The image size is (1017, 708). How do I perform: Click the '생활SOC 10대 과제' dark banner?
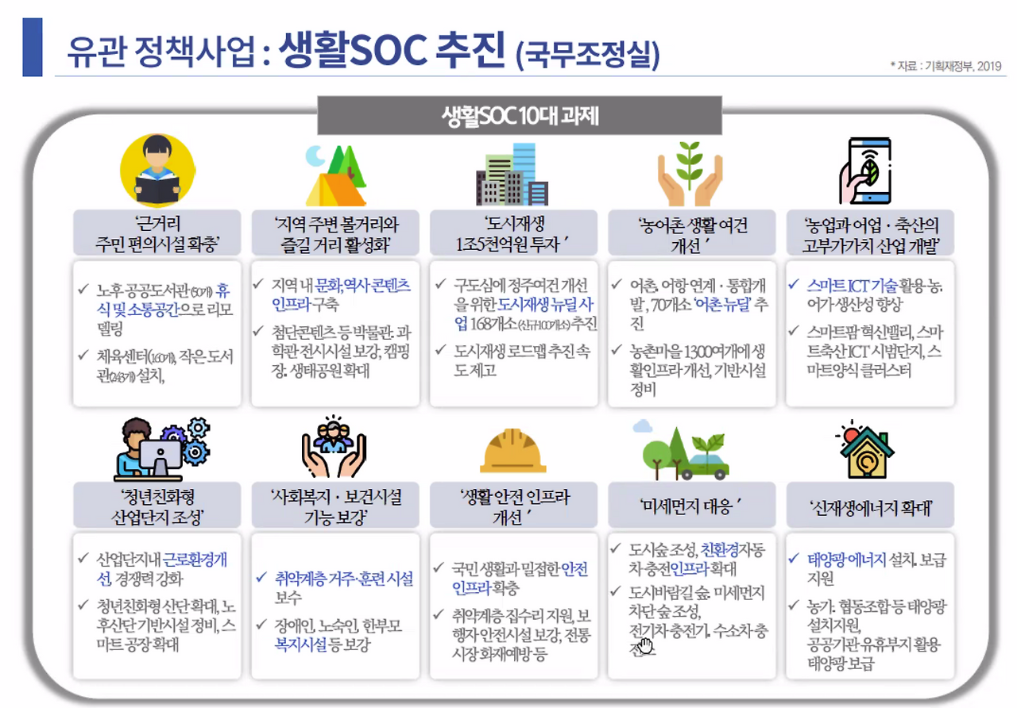[520, 116]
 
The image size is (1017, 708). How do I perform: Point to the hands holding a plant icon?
[690, 173]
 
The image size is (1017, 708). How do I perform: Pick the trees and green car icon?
[683, 450]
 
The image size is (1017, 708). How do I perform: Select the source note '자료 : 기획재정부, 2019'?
[946, 66]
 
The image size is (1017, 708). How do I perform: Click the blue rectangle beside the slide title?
[32, 48]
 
